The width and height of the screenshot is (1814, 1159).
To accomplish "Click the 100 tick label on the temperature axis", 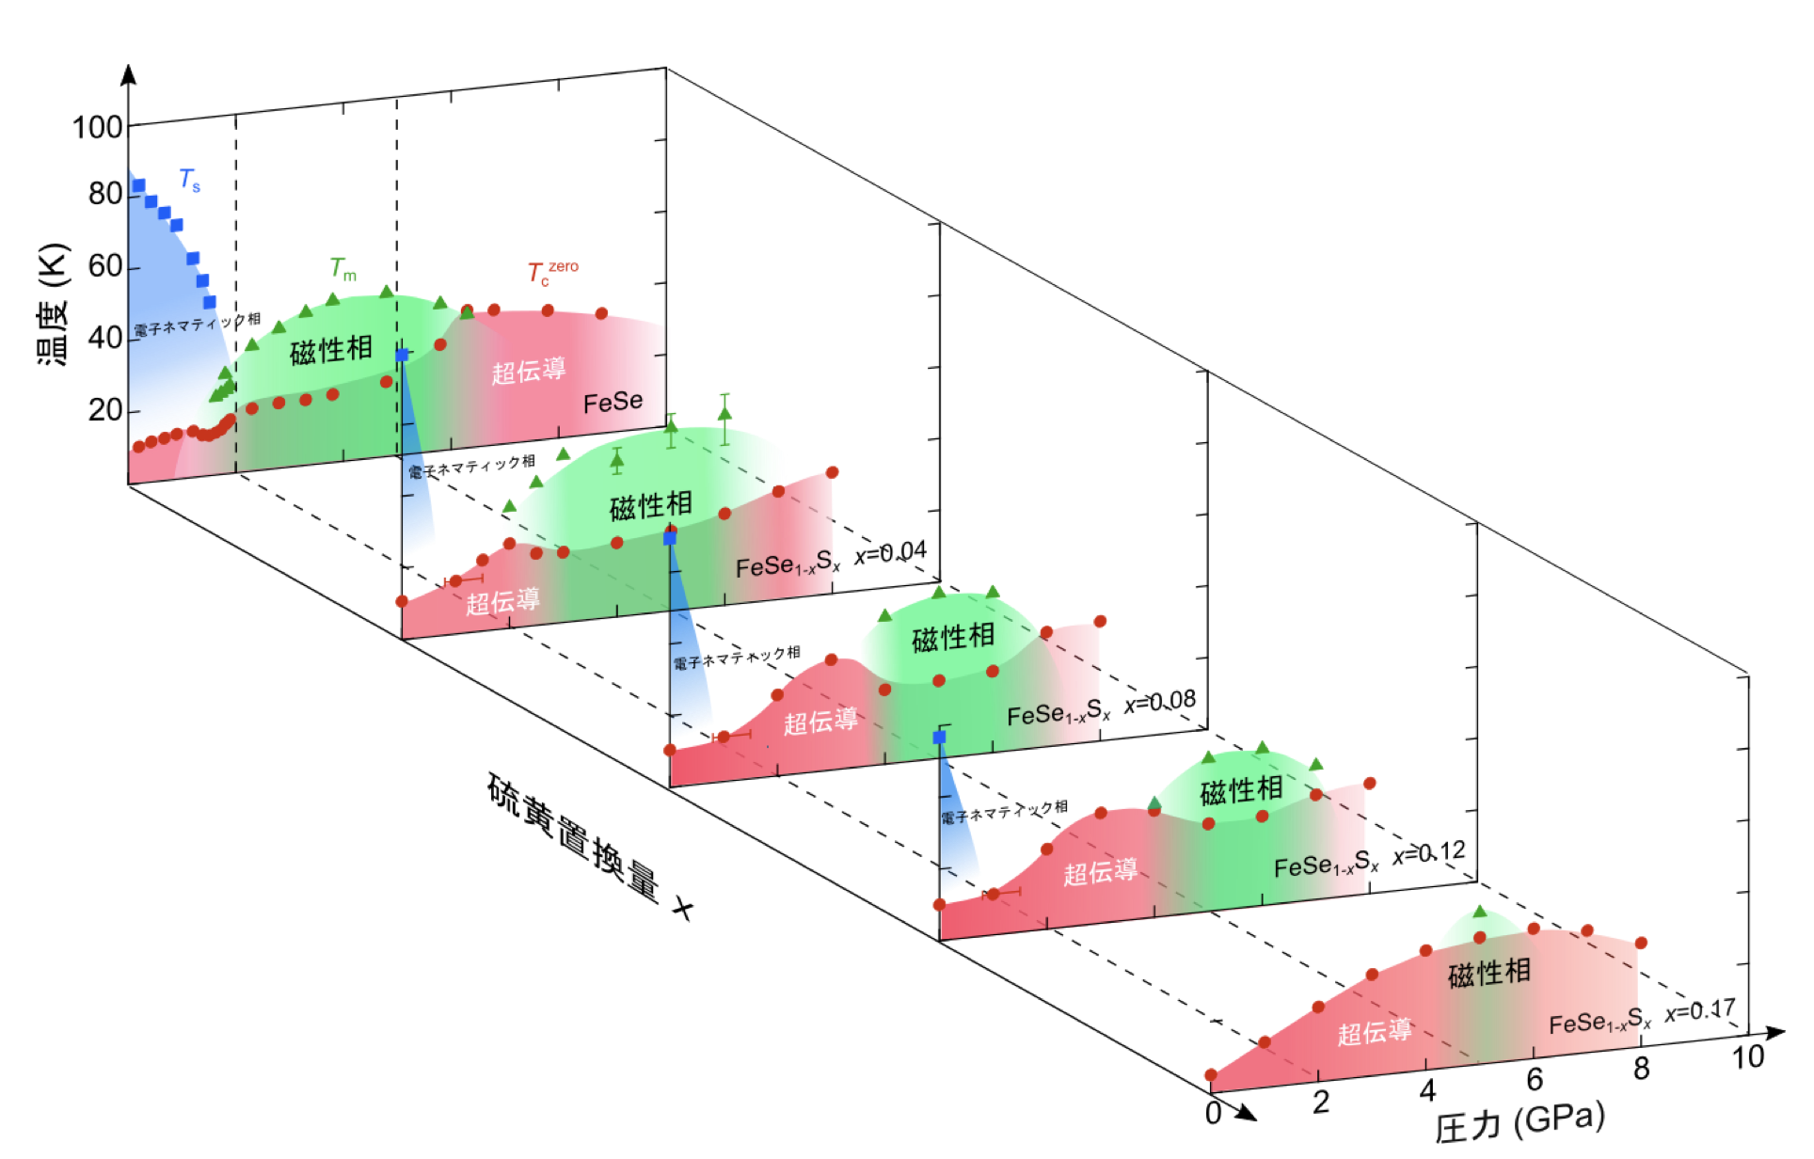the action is tap(98, 127).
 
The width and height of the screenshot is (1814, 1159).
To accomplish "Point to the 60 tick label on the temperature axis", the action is tap(105, 266).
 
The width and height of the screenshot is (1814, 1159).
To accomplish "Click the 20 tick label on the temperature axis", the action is tap(105, 410).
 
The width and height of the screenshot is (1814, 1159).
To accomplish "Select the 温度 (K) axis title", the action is tap(53, 305).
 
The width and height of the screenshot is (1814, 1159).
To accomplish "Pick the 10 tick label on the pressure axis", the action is tap(1748, 1057).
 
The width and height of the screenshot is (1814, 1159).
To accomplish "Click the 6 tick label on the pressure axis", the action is tap(1535, 1079).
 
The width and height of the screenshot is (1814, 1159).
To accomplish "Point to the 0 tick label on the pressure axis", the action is tap(1214, 1113).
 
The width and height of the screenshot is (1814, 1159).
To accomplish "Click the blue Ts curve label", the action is tap(189, 179).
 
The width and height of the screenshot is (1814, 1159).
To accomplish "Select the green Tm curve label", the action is tap(343, 269).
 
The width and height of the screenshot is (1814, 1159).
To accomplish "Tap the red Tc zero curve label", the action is tap(552, 273).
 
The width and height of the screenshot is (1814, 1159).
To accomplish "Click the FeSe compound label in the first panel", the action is tap(613, 403).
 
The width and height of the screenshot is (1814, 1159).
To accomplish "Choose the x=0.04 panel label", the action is tap(890, 553).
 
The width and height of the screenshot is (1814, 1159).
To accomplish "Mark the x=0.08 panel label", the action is tap(1160, 702).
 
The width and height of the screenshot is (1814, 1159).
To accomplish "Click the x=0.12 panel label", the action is tap(1429, 853).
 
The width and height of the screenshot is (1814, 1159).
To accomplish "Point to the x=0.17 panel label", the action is tap(1700, 1012).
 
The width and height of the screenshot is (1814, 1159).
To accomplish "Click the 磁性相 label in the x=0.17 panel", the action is tap(1489, 973).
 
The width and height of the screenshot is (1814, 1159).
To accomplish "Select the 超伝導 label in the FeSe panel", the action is tap(529, 370).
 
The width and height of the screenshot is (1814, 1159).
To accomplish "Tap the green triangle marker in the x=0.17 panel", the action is tap(1480, 912).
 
